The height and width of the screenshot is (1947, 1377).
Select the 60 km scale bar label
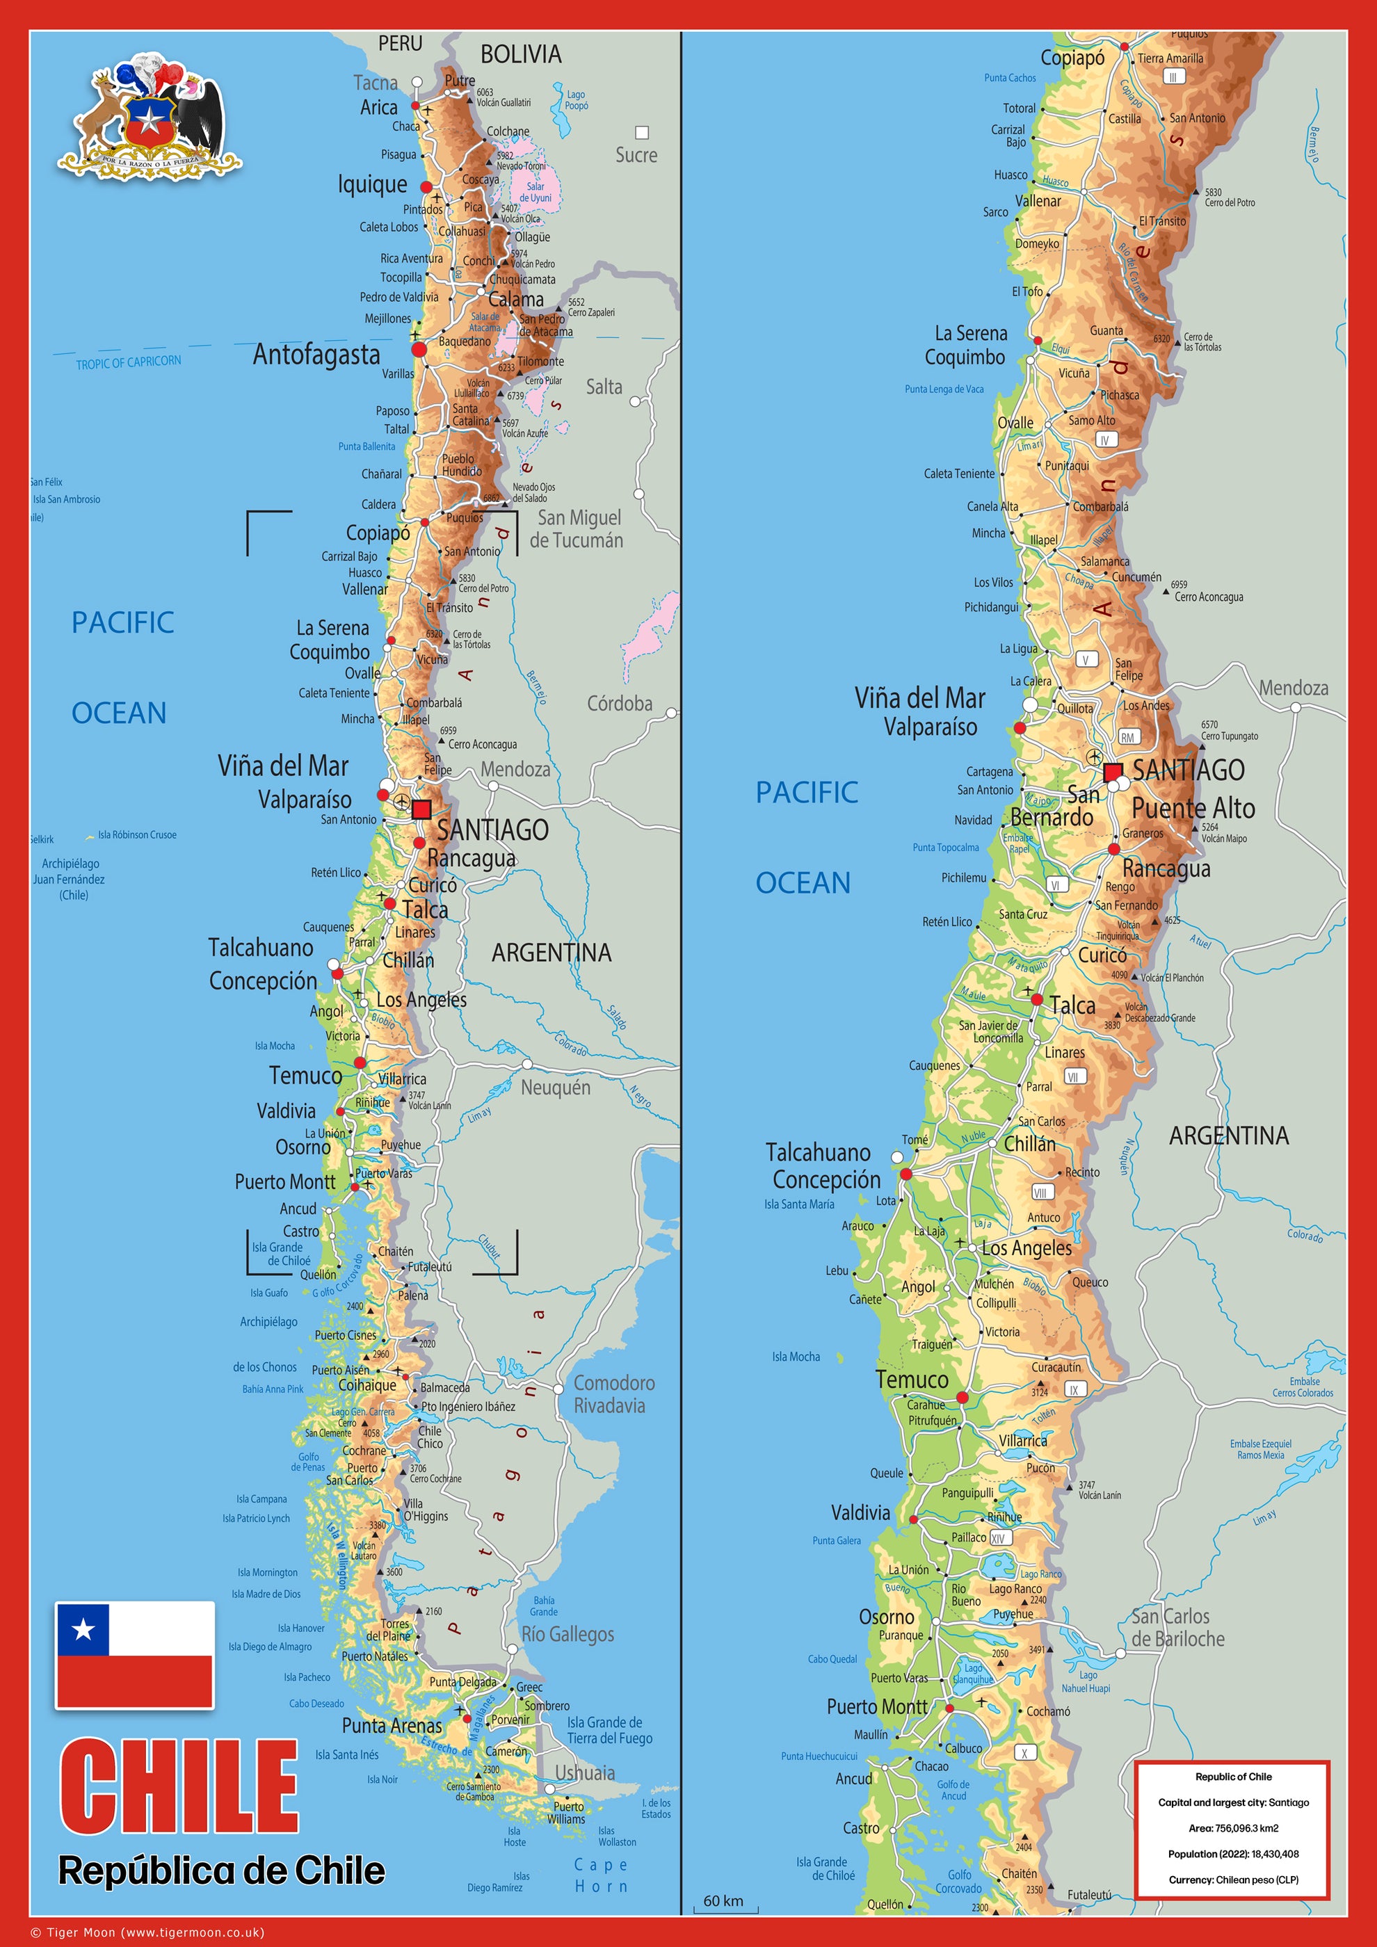(x=723, y=1901)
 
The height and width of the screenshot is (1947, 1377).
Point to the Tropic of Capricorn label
(x=128, y=362)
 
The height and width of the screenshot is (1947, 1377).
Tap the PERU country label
(x=399, y=43)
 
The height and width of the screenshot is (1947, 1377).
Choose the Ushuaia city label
(x=584, y=1772)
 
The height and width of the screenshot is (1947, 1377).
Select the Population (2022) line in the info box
(x=1233, y=1854)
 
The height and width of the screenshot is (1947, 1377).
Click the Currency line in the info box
(x=1233, y=1879)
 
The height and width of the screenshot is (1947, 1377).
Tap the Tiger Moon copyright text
(x=147, y=1932)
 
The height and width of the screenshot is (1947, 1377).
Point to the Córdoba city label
(x=619, y=703)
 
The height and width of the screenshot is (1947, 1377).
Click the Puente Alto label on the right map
(x=1193, y=808)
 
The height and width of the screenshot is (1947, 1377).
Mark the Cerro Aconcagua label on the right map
(x=1208, y=597)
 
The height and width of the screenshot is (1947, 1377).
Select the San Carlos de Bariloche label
(x=1177, y=1627)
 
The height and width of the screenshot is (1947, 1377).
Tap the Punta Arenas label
(x=392, y=1726)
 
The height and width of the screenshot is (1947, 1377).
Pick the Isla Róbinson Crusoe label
(x=136, y=834)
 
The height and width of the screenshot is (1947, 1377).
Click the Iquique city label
(x=372, y=184)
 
